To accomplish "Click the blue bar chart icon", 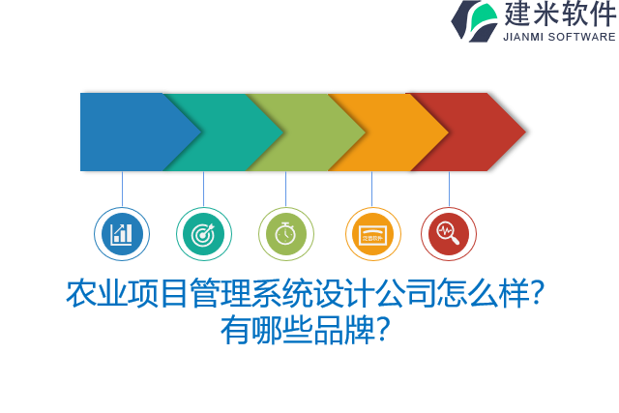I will pyautogui.click(x=122, y=234).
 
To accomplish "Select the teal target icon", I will pyautogui.click(x=203, y=234).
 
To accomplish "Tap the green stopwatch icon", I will pyautogui.click(x=285, y=234).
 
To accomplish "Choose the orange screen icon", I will pyautogui.click(x=372, y=234).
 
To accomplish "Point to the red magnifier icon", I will pyautogui.click(x=449, y=234).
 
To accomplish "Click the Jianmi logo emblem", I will pyautogui.click(x=474, y=20).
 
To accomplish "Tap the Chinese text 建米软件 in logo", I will pyautogui.click(x=559, y=15).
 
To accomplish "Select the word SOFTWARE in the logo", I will pyautogui.click(x=582, y=37).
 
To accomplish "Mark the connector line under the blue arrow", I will pyautogui.click(x=122, y=189).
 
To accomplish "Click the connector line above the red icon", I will pyautogui.click(x=449, y=189).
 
